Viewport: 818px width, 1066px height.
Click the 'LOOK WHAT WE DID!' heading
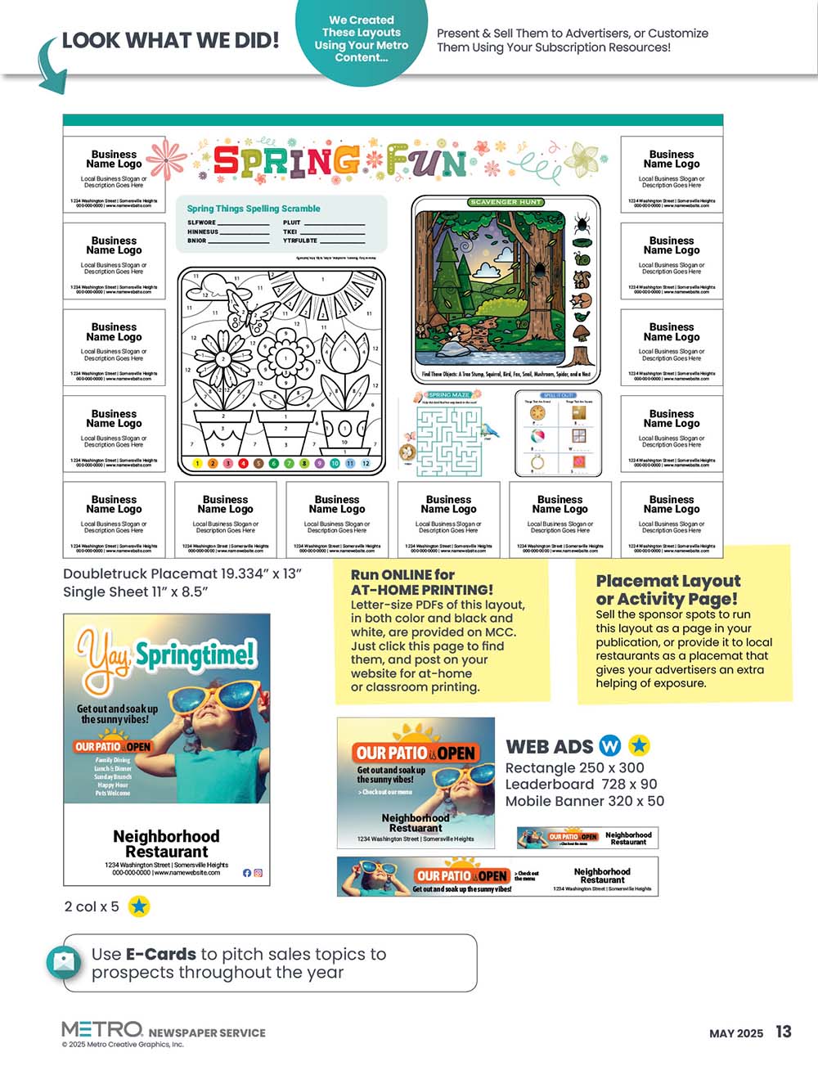170,40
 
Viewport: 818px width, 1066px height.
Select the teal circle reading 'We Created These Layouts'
361,38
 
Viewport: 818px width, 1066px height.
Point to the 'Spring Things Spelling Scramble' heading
254,209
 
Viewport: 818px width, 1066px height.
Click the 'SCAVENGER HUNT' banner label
506,202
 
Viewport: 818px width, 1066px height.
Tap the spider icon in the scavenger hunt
582,223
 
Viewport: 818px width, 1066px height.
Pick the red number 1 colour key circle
197,464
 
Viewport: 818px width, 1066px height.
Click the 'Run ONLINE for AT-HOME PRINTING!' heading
422,582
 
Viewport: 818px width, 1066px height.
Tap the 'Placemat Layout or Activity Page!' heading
667,589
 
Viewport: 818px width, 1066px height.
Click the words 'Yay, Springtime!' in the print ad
167,659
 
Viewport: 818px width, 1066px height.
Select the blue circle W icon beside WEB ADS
610,745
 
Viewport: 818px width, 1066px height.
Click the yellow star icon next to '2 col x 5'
139,906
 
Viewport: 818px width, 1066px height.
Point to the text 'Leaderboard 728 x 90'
581,784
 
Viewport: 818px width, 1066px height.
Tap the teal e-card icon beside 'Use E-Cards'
64,962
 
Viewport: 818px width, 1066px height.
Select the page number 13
784,1032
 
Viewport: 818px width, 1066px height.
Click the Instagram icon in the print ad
258,873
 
